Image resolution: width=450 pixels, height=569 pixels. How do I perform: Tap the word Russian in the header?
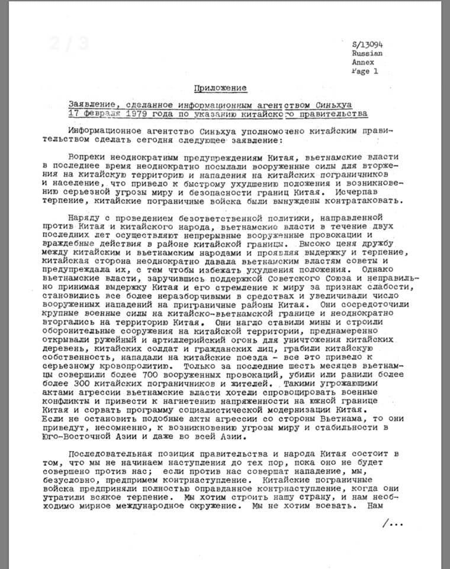366,53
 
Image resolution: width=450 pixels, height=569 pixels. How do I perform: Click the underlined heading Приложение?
221,88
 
